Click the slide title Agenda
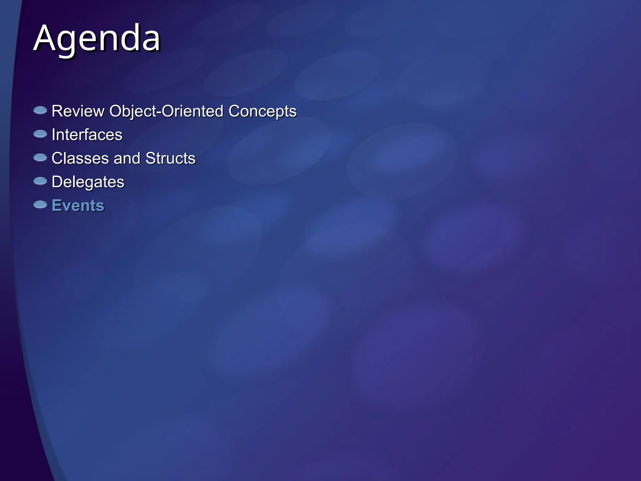[x=97, y=38]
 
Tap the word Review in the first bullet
[x=78, y=111]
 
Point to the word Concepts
[x=262, y=111]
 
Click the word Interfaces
[x=87, y=135]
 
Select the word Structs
[x=170, y=158]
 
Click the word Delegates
[x=88, y=182]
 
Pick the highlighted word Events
[x=78, y=205]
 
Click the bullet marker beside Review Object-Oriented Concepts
[x=40, y=110]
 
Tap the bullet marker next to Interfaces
[x=40, y=134]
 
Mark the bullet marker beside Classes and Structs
[x=40, y=158]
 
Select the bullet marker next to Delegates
[x=40, y=181]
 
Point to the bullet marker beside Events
[x=40, y=205]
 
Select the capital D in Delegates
[x=57, y=182]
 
